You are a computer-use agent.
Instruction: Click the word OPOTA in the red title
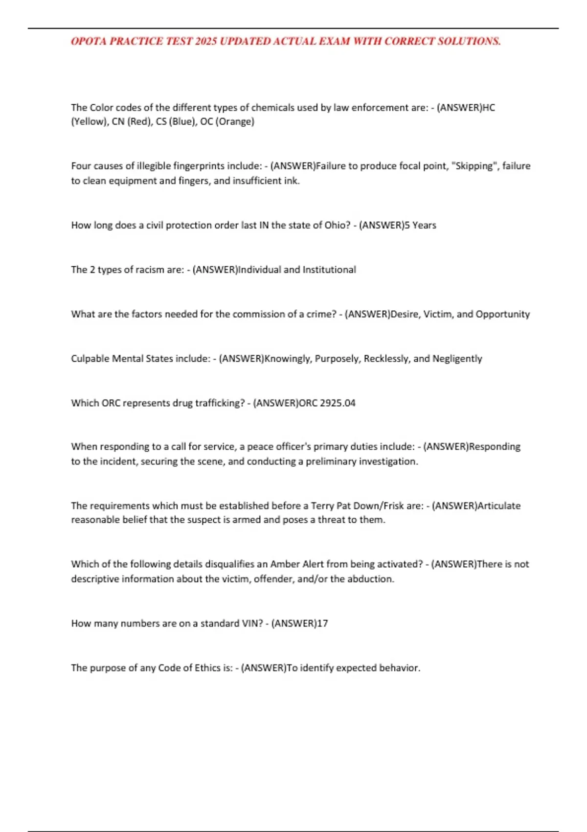[89, 41]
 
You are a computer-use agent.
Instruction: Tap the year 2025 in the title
[205, 41]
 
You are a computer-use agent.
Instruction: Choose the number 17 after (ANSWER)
[322, 624]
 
